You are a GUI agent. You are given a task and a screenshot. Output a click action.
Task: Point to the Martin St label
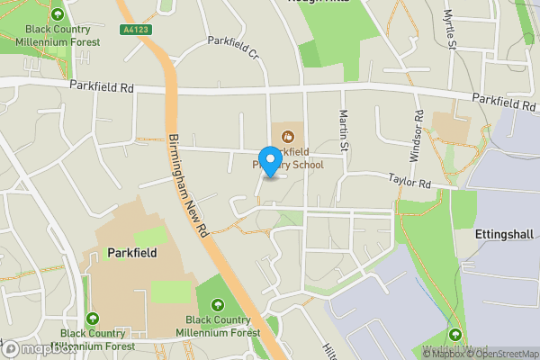pos(343,129)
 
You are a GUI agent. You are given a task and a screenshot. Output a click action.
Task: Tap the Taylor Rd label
pos(410,181)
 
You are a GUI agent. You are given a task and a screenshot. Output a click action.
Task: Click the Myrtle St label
pos(449,30)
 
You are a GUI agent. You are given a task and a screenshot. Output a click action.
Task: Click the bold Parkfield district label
pos(131,253)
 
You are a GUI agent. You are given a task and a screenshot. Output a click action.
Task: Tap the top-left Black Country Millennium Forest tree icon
pos(58,15)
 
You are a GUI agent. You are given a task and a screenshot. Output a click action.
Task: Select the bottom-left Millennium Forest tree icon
pos(94,319)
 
